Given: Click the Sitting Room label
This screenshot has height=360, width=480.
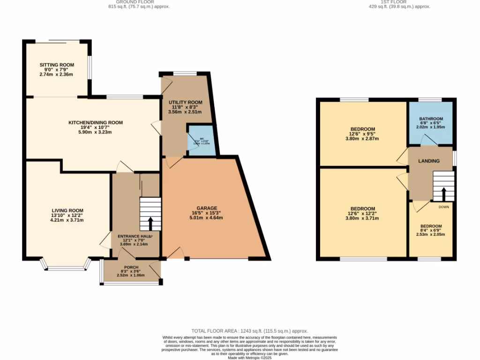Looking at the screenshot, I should [57, 65].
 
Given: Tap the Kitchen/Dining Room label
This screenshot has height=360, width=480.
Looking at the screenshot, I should [96, 123].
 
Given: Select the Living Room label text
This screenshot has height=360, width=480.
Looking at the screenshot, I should [67, 210].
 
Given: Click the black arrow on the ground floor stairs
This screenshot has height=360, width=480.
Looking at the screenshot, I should [150, 224].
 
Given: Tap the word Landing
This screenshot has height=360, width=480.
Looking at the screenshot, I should [429, 161].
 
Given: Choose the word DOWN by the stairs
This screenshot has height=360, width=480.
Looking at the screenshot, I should [443, 207].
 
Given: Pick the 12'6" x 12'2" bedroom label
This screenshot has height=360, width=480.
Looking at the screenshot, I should [363, 209].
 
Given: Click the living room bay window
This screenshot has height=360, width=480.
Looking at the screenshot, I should [66, 267].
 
